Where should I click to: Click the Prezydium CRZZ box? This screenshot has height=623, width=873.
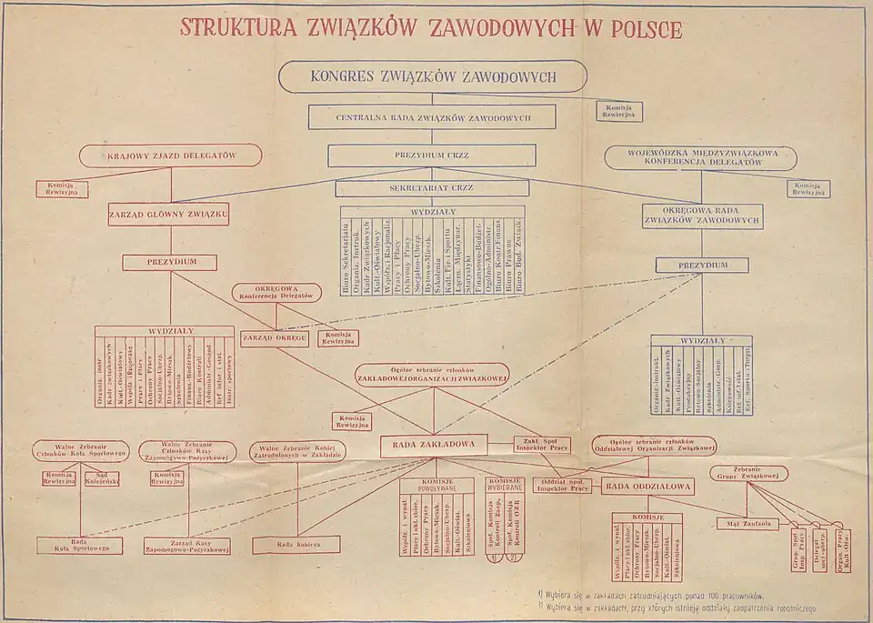pyautogui.click(x=432, y=156)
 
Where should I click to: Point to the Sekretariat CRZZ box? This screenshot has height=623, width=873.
pyautogui.click(x=431, y=188)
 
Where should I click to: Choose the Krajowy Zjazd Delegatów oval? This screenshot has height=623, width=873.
pyautogui.click(x=171, y=156)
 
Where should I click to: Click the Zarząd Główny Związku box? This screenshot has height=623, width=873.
pyautogui.click(x=168, y=215)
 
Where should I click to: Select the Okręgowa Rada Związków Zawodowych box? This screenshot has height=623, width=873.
pyautogui.click(x=701, y=216)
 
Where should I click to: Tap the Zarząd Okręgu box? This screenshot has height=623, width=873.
pyautogui.click(x=275, y=338)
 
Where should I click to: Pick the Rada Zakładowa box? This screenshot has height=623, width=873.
pyautogui.click(x=434, y=445)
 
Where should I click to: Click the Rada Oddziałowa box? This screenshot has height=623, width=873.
pyautogui.click(x=647, y=487)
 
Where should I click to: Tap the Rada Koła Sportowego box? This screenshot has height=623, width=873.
pyautogui.click(x=79, y=545)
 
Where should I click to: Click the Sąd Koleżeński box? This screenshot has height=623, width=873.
pyautogui.click(x=101, y=477)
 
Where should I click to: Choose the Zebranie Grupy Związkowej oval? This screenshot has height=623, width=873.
pyautogui.click(x=748, y=473)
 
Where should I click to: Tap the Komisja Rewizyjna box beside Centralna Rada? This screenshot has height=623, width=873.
pyautogui.click(x=619, y=111)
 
